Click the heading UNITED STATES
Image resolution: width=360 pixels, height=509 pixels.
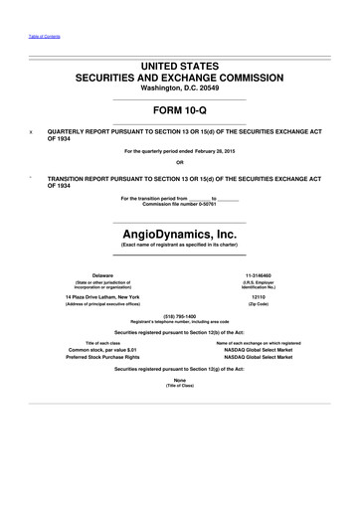click(179, 63)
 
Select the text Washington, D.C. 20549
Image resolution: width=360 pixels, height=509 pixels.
click(179, 88)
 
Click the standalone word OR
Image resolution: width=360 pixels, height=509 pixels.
click(179, 163)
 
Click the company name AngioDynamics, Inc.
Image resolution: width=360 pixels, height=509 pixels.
click(179, 229)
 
